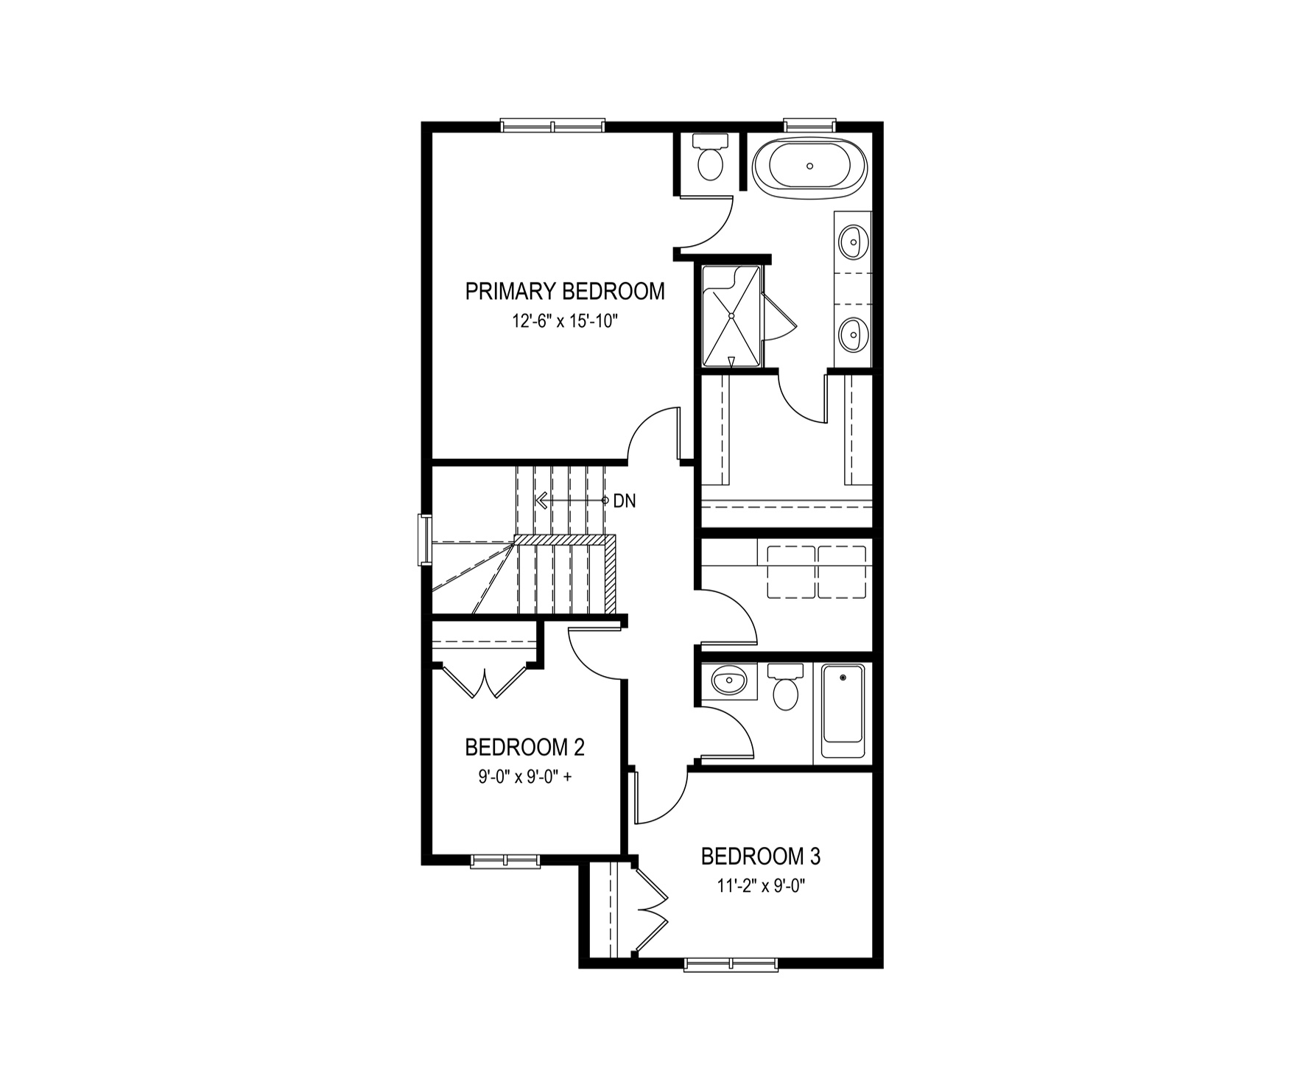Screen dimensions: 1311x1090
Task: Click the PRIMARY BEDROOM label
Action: (x=565, y=292)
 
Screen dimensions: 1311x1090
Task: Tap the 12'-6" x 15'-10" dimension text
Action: (x=565, y=322)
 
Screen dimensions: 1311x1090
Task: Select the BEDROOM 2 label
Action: (x=524, y=748)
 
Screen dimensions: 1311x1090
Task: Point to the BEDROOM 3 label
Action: (x=761, y=857)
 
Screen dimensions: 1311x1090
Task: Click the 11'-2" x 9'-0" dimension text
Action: (x=761, y=887)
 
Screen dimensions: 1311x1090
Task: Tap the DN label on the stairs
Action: (x=625, y=502)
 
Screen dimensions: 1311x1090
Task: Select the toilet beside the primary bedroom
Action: (x=711, y=158)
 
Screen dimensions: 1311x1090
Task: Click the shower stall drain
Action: (x=731, y=315)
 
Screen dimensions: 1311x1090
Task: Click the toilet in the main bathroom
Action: (x=785, y=687)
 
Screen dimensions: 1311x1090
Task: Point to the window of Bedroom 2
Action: (x=505, y=860)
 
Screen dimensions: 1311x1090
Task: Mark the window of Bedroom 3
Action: (x=731, y=963)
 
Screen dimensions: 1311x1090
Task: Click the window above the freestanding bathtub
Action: (x=809, y=125)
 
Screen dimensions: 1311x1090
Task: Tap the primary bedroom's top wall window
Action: (x=552, y=125)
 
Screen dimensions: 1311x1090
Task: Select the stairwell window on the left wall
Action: (x=425, y=540)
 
